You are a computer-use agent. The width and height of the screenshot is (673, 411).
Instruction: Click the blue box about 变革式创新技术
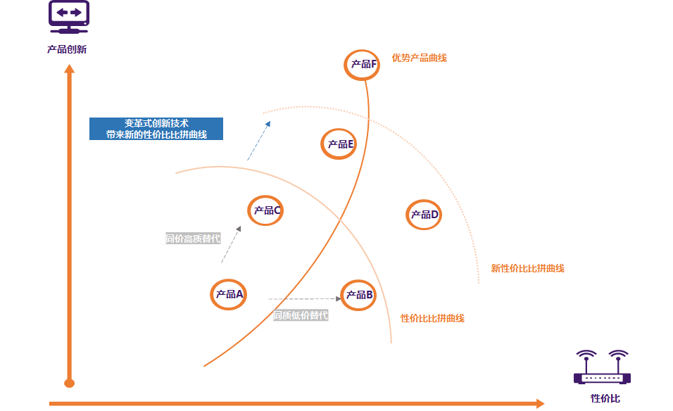click(156, 129)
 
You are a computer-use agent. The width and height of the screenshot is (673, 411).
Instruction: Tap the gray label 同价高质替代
click(193, 239)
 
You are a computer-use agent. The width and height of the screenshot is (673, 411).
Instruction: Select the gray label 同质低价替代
click(301, 315)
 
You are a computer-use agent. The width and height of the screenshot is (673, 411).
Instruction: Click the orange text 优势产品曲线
click(420, 58)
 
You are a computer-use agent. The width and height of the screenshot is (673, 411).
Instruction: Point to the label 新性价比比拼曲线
click(527, 269)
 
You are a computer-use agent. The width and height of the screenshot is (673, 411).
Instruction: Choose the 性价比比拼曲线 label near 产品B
click(432, 318)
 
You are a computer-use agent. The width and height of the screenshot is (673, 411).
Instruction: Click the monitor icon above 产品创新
click(69, 17)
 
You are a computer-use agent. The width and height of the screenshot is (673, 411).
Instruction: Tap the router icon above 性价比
click(602, 367)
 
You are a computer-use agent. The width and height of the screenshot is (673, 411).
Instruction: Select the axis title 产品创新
click(67, 49)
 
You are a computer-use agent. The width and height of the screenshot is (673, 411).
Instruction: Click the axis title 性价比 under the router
click(605, 398)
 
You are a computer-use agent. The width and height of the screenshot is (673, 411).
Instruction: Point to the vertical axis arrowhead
click(70, 69)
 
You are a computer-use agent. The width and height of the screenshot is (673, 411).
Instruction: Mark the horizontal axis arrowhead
click(541, 403)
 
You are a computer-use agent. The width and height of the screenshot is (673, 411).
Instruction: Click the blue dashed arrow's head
click(268, 124)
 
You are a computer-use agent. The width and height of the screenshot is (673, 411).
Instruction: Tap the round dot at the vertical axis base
click(70, 383)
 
